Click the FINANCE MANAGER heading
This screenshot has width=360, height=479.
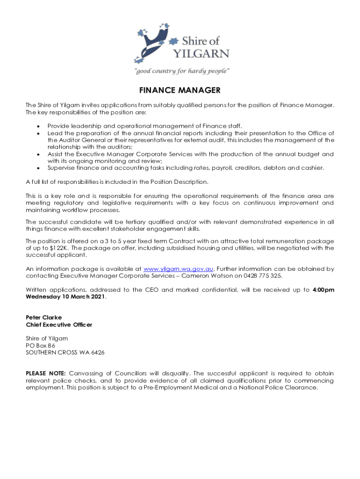(180, 90)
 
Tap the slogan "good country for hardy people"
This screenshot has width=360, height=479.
(182, 71)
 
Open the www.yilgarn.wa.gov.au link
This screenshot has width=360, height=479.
(179, 269)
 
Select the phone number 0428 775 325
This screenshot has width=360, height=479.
(265, 276)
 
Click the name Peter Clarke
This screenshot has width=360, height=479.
(43, 317)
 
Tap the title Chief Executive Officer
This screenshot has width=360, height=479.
(59, 325)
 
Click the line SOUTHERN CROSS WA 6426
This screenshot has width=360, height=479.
(65, 352)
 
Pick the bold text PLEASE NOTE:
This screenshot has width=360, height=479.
(46, 373)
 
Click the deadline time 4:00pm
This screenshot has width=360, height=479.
(323, 290)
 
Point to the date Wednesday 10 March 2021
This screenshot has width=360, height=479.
(65, 297)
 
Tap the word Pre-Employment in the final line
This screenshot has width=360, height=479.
(165, 387)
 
